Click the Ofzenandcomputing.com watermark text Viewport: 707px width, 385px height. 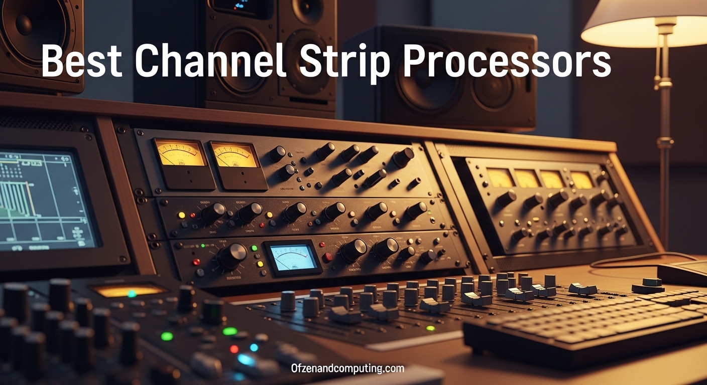(347, 369)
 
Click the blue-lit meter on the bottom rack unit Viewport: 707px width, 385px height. (293, 258)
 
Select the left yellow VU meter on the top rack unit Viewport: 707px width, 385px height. (180, 154)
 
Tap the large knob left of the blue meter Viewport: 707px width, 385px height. (232, 255)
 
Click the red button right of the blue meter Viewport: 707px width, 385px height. (327, 257)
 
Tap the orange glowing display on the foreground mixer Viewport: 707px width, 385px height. (128, 290)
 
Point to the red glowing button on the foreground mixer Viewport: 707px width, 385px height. (234, 348)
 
